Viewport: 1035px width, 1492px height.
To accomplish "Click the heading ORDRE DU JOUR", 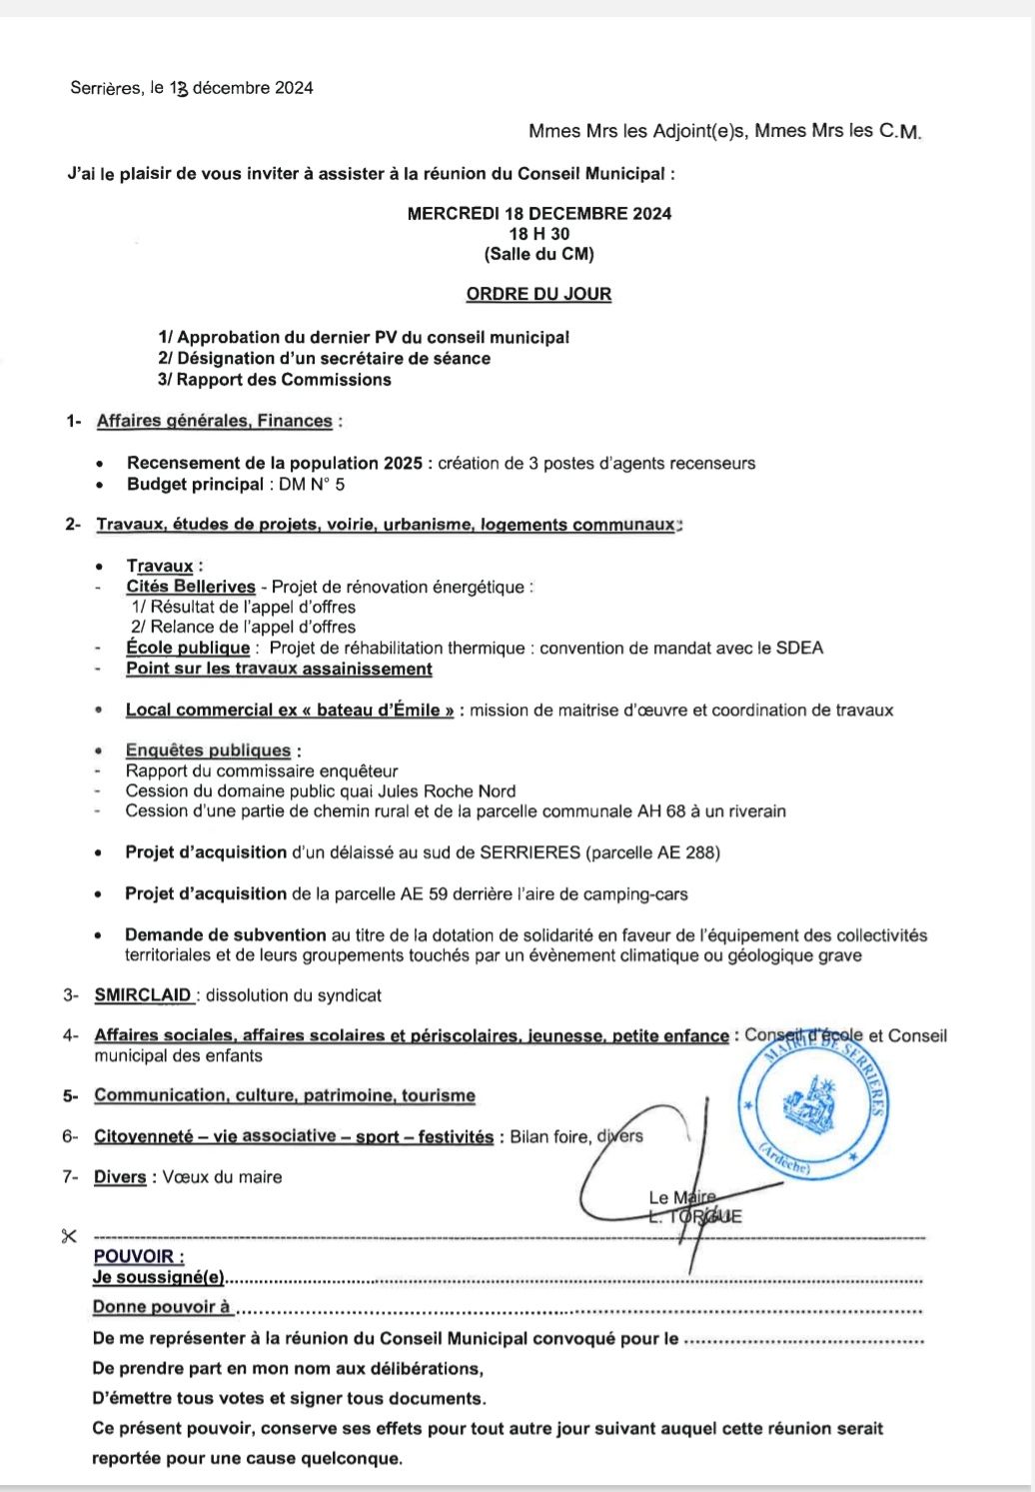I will point(538,294).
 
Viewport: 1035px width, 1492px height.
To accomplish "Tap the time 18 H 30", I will point(538,234).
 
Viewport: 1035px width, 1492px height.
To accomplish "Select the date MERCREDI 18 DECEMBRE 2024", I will point(538,213).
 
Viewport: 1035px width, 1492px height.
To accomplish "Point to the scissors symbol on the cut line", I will point(69,1236).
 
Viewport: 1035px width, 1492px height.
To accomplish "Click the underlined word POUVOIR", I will point(138,1256).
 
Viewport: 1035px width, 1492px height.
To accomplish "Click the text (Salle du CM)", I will point(538,254).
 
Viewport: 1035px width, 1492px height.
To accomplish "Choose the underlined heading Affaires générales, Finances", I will point(214,421).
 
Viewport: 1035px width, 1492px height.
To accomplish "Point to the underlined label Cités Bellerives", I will point(191,587).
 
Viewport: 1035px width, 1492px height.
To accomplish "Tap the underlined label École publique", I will point(187,648).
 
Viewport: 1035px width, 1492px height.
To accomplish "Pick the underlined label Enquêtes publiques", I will point(208,750).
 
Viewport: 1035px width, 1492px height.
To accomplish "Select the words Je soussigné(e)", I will point(158,1277).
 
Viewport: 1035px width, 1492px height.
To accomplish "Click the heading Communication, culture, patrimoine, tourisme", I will point(285,1095).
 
